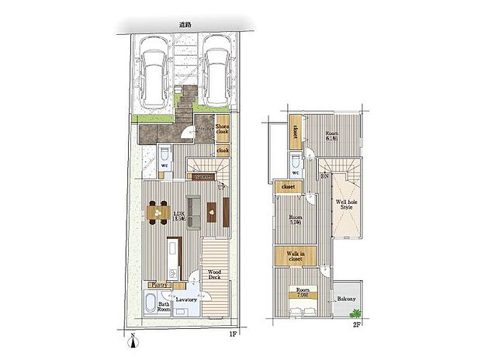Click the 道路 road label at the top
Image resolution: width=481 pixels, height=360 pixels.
184,26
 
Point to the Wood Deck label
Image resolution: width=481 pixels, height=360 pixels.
214,275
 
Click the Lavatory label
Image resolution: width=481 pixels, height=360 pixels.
185,298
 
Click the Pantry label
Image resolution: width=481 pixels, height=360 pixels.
161,285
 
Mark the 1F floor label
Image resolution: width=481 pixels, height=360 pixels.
231,334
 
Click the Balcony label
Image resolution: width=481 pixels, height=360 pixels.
347,298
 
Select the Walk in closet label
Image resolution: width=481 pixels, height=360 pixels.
295,255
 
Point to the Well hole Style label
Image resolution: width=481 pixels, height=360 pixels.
344,206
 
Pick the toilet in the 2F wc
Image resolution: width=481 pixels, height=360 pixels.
296,164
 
